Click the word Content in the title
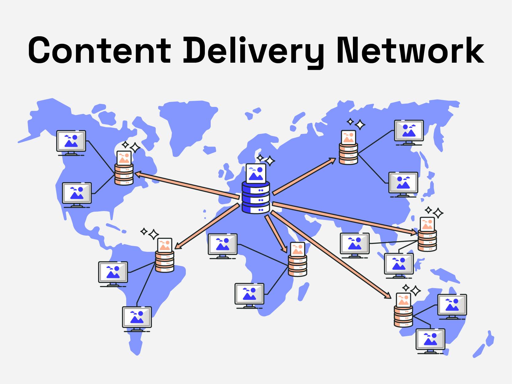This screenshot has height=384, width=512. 100,50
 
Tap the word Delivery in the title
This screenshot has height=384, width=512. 253,51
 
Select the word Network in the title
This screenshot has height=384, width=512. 410,50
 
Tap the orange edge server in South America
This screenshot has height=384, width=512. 165,261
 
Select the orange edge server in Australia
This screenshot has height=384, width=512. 403,316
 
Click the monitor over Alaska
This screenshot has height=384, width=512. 71,141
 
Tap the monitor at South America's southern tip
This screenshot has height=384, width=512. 137,317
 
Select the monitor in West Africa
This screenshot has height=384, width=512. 223,245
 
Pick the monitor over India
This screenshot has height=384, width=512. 355,244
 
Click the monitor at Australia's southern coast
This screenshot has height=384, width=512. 430,340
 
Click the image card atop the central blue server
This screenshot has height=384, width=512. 256,173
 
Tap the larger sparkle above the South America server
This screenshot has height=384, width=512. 154,234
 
